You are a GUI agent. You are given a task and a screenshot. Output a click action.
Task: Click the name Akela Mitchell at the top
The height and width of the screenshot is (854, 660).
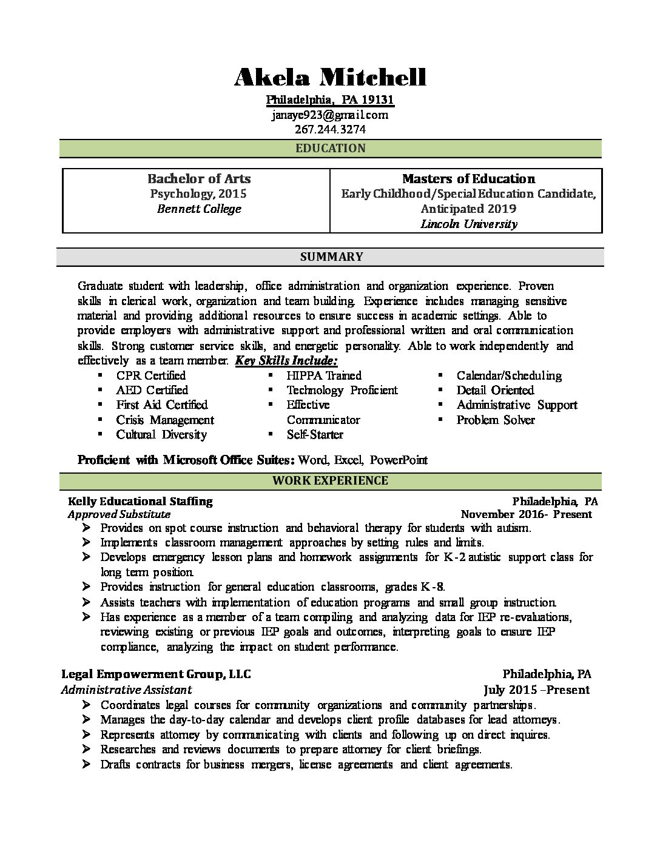(330, 78)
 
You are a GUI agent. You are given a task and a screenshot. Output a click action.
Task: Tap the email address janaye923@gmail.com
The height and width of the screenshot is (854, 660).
(330, 115)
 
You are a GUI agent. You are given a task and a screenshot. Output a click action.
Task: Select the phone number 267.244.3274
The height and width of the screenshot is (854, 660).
(330, 129)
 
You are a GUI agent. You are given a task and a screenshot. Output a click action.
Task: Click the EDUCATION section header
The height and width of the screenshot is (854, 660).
(330, 149)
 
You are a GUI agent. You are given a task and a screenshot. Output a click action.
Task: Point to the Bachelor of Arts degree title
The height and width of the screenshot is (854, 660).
(199, 179)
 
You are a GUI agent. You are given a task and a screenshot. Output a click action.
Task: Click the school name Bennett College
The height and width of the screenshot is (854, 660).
(199, 209)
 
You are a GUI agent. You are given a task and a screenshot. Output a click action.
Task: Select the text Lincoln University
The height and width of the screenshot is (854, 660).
(468, 224)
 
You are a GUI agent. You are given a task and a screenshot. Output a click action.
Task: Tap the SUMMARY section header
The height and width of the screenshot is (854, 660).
(331, 257)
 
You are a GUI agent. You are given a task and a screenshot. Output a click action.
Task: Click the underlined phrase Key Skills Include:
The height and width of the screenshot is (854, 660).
(286, 361)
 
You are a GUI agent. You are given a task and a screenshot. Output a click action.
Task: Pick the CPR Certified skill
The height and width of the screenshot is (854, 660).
(151, 375)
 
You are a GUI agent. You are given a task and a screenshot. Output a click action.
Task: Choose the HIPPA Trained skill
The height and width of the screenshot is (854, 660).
(324, 375)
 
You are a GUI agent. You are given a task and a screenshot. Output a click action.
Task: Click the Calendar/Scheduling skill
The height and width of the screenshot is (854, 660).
(509, 375)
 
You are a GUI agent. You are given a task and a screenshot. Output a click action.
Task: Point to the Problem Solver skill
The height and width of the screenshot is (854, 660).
(496, 420)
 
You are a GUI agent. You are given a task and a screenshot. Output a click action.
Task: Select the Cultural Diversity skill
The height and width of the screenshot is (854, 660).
(161, 435)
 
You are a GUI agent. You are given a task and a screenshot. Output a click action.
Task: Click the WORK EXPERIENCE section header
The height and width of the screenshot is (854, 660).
(330, 481)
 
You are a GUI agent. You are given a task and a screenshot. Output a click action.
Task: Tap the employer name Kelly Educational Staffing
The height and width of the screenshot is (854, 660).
(140, 502)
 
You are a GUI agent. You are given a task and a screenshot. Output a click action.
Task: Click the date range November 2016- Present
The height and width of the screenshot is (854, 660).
(526, 514)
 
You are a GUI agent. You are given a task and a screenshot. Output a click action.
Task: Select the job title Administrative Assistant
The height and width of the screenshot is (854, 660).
(127, 690)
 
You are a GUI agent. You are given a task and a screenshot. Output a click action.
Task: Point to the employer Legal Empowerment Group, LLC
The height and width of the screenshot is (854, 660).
(156, 674)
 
